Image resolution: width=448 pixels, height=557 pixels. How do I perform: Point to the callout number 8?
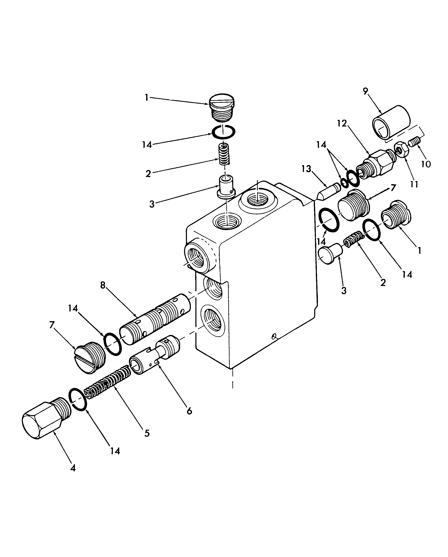[103, 285]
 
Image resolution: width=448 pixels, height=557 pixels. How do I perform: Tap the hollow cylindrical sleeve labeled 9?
[391, 122]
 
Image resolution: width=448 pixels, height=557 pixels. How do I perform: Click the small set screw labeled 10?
[415, 142]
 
